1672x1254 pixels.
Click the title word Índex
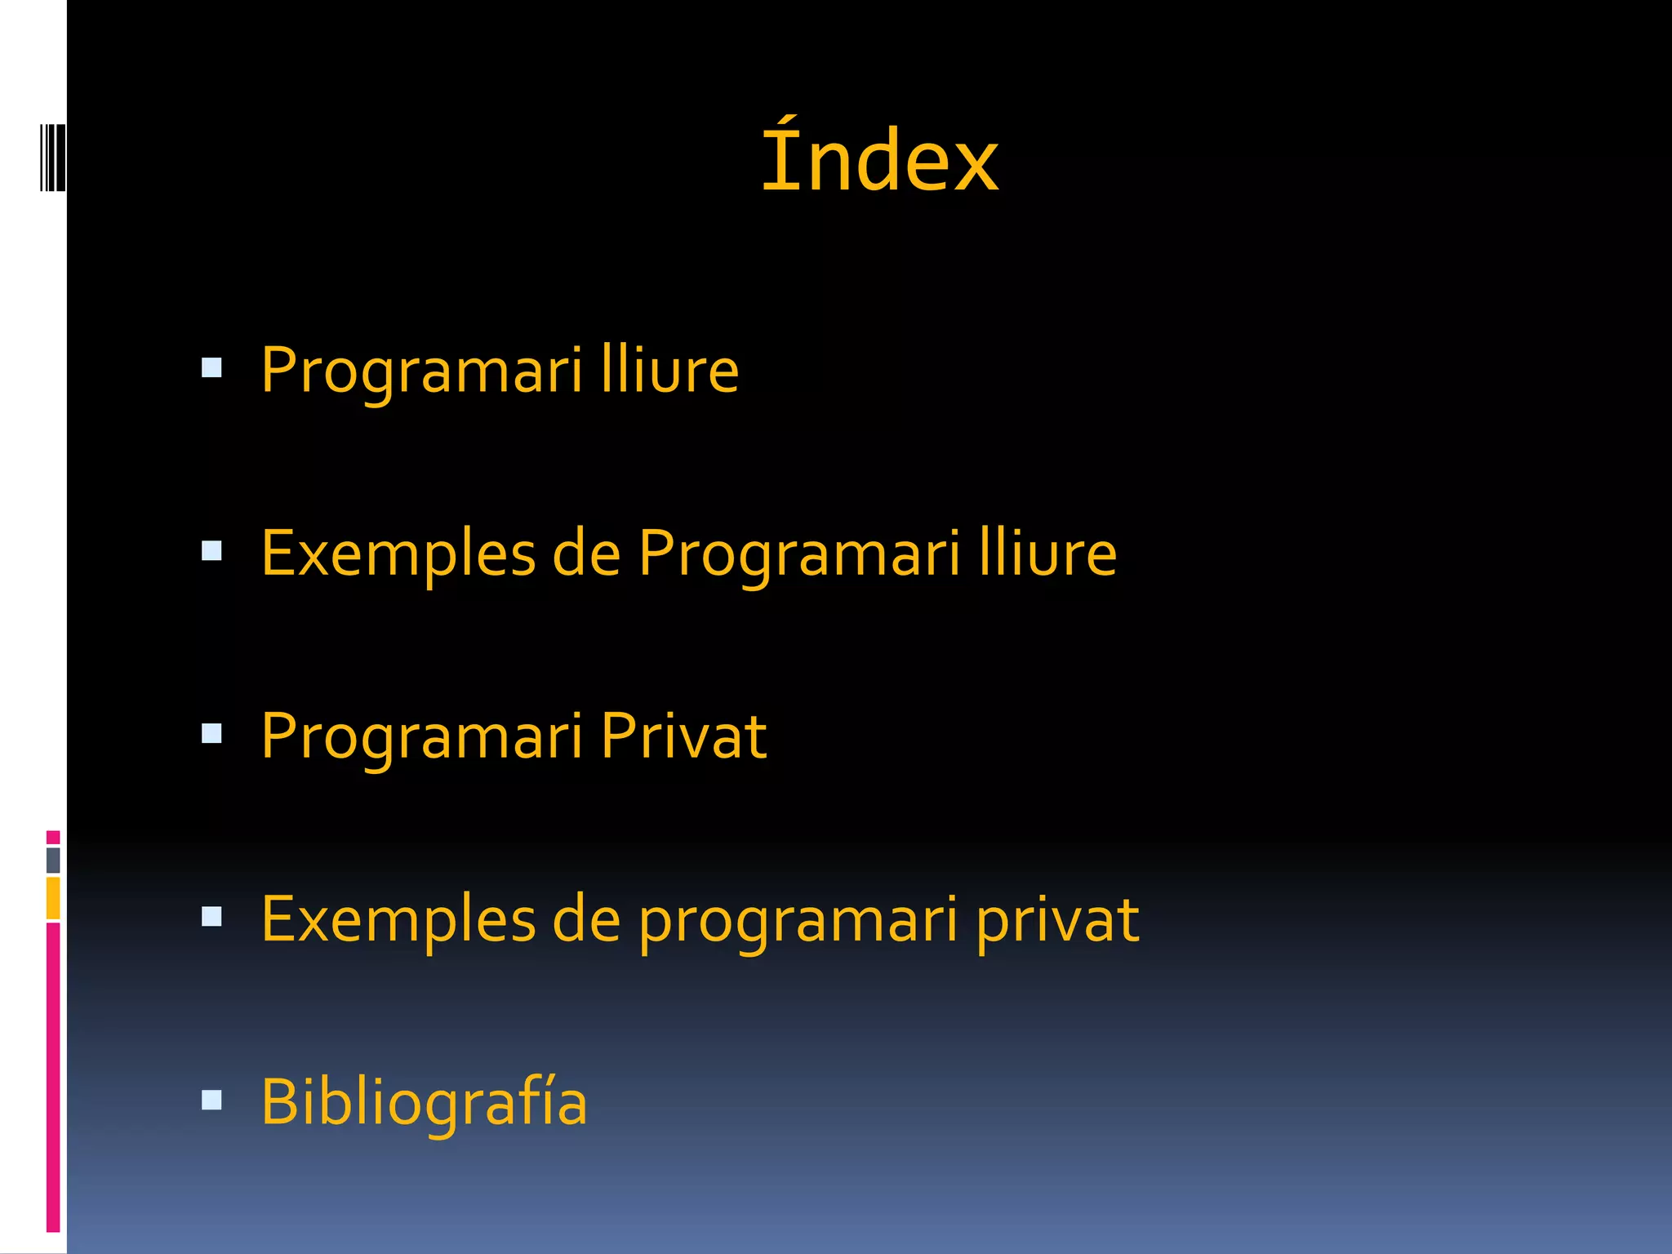pos(879,159)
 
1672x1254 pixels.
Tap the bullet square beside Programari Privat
pos(211,734)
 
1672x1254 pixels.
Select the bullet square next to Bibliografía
pos(211,1101)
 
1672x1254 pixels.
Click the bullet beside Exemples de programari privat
pos(211,917)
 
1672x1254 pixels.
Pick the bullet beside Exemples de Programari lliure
pos(211,551)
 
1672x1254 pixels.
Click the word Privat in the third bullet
pos(683,736)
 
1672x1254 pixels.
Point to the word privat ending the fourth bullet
pos(1057,921)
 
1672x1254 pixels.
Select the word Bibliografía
pos(424,1102)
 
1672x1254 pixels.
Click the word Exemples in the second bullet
pos(398,553)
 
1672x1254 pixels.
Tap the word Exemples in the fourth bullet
pos(398,919)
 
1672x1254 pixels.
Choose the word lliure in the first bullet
pos(669,370)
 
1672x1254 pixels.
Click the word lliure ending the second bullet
pos(1047,553)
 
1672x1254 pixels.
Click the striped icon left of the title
pos(52,158)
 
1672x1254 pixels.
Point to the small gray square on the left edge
pos(53,860)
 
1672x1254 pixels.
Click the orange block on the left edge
pos(53,898)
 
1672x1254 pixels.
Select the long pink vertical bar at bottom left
pos(53,1076)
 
